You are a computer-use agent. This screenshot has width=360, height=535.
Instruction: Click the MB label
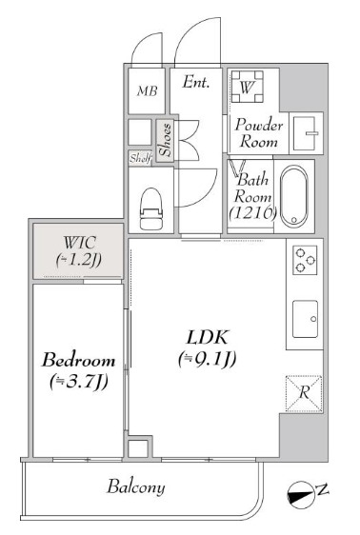pos(148,91)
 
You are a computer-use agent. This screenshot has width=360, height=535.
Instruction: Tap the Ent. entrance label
pos(195,82)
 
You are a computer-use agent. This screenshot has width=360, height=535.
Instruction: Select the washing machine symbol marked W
pos(247,87)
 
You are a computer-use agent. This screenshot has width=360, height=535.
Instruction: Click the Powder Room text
pos(259,133)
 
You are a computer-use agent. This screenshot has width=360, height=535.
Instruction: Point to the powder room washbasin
pos(305,133)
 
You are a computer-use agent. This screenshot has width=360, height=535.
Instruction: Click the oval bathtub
pos(293,196)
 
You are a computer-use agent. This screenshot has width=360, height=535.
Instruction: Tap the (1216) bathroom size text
pos(251,213)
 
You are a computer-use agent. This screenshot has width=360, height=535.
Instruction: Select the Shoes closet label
pos(165,140)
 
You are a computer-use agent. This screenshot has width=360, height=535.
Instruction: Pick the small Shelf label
pos(140,158)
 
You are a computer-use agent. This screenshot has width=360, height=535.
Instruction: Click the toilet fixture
pos(151,208)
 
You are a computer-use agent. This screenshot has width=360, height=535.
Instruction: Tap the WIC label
pos(79,243)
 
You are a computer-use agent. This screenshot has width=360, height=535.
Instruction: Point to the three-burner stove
pos(305,260)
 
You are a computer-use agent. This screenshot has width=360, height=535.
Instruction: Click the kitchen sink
pos(305,319)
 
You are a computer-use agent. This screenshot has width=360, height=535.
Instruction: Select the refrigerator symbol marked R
pos(304,393)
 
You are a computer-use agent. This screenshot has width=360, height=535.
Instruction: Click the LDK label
pos(207,337)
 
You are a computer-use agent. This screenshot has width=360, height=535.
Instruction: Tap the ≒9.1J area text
pos(207,359)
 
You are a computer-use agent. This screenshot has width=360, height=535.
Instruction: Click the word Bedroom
pos(78,360)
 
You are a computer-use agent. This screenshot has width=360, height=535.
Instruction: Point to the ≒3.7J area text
pos(78,381)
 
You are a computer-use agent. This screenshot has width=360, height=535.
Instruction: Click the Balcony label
pos(136,486)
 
